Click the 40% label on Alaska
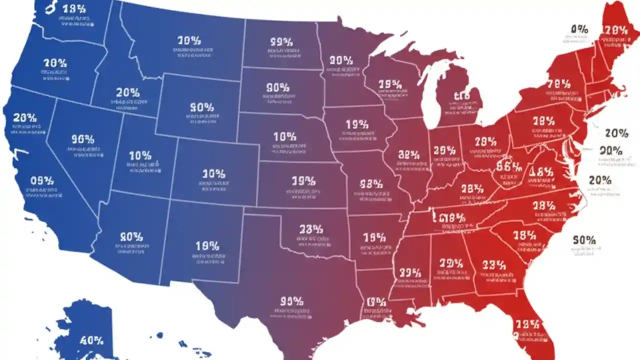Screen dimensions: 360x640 91,340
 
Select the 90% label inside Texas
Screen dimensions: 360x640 291,301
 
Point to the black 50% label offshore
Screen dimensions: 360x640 584,240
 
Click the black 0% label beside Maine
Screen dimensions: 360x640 578,29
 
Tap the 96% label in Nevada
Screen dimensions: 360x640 82,139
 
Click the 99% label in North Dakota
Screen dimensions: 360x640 281,42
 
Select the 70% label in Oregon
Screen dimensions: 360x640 55,63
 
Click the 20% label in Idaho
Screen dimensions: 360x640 127,92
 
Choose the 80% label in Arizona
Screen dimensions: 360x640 131,236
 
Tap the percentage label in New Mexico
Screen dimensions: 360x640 207,246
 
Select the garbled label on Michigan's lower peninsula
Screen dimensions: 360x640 460,96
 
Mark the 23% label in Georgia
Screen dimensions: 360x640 495,264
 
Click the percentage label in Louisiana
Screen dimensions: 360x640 376,302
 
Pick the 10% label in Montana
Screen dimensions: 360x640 189,40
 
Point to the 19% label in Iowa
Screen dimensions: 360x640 356,123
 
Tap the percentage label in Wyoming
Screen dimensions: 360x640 202,107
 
